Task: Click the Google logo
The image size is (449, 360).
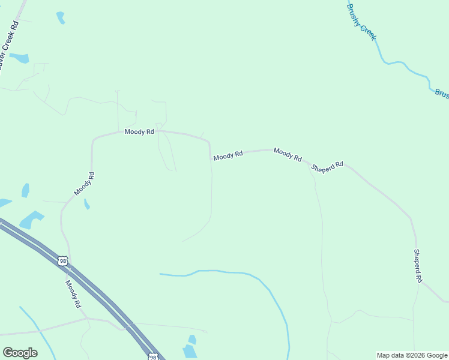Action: pos(20,353)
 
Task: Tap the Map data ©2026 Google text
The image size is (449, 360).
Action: pos(412,355)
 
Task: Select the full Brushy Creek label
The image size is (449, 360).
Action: pos(361,22)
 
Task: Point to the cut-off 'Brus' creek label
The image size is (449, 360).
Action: pos(441,94)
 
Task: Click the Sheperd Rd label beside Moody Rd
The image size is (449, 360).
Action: pos(327,167)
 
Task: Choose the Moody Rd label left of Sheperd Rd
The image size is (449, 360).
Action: pos(288,154)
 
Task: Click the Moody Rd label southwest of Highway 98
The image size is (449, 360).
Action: pos(73,294)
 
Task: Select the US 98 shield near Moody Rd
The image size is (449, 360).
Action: pos(62,261)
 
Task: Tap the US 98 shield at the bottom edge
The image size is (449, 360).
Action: pos(154,357)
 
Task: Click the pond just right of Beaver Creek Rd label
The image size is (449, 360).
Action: pos(19,58)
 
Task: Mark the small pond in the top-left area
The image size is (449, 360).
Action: pos(61,18)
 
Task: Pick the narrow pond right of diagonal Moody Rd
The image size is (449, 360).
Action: pos(86,204)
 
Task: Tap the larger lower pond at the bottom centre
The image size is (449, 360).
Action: pos(190,351)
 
